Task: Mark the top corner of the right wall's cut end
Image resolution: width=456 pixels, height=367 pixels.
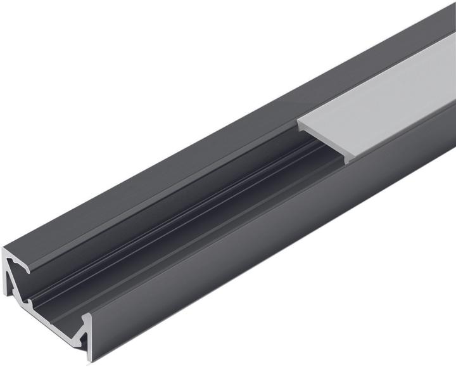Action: coord(87,314)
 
